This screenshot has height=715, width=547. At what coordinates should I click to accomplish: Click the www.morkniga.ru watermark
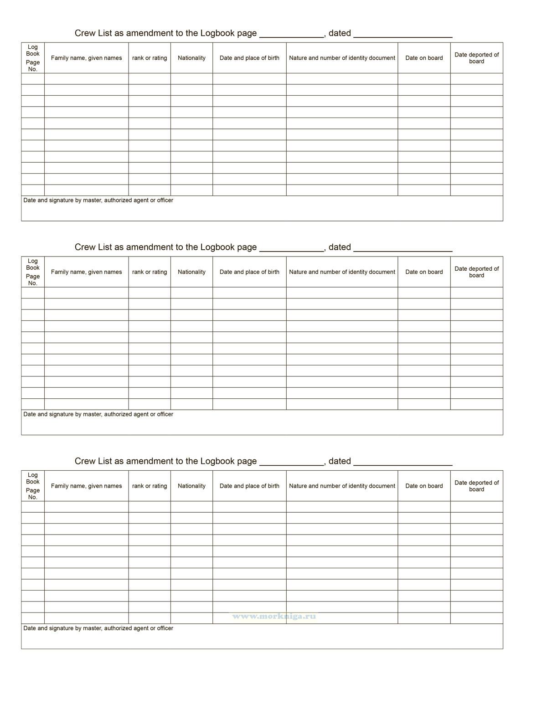click(x=274, y=616)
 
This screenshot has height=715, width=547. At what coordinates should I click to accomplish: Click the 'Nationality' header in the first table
click(x=191, y=58)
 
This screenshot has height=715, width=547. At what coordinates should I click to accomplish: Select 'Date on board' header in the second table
click(x=424, y=272)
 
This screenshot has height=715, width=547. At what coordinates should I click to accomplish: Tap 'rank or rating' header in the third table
click(x=150, y=486)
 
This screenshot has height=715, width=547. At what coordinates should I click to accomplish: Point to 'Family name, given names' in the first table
click(x=87, y=58)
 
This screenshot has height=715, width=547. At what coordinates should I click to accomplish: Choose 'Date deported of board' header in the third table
click(x=476, y=486)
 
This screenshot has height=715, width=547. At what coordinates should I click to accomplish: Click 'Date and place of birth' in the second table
click(x=249, y=272)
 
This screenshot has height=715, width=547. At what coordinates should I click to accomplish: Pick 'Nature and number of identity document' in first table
click(x=342, y=58)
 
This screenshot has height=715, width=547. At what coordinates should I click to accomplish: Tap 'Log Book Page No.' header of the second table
click(x=33, y=272)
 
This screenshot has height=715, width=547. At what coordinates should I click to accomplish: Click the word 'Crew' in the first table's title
click(x=85, y=33)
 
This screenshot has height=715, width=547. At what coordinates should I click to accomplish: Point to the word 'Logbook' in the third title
click(x=217, y=461)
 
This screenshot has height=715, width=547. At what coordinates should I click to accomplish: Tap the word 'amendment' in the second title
click(x=147, y=247)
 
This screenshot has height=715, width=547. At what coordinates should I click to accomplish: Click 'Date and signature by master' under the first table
click(x=98, y=201)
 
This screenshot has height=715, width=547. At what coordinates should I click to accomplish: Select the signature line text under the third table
click(x=98, y=628)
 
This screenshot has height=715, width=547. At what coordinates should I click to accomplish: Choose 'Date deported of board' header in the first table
click(x=476, y=58)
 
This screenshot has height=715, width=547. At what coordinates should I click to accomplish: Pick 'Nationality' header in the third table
click(x=191, y=486)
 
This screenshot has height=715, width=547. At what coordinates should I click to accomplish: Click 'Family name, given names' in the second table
click(x=87, y=272)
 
